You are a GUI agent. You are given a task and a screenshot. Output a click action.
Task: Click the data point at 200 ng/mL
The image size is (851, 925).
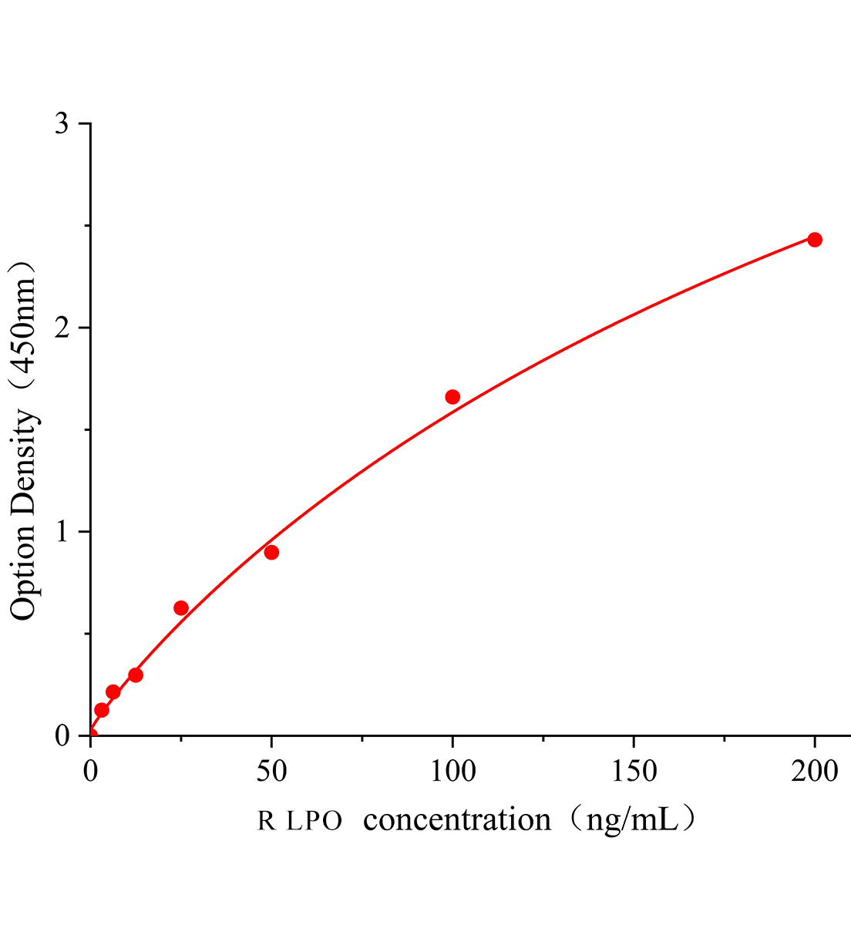pos(814,240)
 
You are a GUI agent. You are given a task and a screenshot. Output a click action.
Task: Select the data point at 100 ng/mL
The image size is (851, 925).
pos(452,397)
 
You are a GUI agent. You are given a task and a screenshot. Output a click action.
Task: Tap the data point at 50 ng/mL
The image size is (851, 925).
pos(271,552)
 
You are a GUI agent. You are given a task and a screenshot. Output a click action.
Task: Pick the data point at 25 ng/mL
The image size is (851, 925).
pos(181,608)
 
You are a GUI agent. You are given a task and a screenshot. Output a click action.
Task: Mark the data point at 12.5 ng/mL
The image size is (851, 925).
pos(136,675)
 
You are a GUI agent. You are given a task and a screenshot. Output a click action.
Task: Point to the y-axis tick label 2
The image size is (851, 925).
pos(62,328)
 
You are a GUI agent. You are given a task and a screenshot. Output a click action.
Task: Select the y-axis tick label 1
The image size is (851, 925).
pos(62,532)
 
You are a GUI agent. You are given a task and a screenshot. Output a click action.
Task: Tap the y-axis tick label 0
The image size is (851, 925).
pos(62,736)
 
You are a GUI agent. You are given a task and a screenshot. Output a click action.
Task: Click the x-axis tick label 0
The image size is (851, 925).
pos(91,770)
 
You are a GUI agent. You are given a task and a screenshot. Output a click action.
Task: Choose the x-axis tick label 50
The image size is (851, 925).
pos(271,770)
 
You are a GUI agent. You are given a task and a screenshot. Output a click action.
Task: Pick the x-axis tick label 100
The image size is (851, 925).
pos(452,770)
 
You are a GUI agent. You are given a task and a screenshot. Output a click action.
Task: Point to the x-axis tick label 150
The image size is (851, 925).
pos(634,770)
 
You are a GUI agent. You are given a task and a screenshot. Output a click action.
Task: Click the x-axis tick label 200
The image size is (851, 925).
pos(814,770)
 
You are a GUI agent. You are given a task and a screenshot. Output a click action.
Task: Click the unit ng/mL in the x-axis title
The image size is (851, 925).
pos(631,819)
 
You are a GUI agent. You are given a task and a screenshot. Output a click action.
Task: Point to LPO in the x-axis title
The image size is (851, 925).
pos(314,821)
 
